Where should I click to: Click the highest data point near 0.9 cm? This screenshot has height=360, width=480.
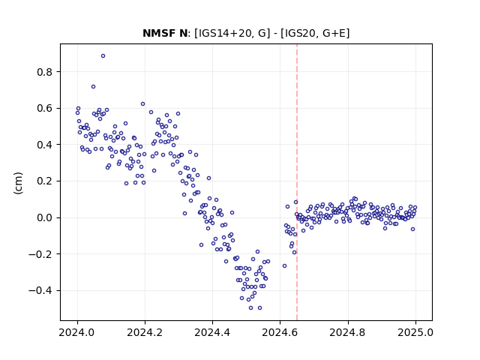pos(103,56)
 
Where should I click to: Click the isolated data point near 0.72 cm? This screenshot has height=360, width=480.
pos(93,87)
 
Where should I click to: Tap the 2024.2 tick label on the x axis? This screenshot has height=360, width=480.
pos(145,332)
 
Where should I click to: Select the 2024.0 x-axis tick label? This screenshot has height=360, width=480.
pos(77,332)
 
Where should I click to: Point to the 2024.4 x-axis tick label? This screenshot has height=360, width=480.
pos(212,332)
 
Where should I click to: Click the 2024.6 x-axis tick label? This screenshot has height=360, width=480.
pos(280,332)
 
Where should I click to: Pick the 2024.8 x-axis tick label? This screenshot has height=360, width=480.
pos(347,332)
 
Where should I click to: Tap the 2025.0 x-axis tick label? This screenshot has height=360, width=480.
pos(415,332)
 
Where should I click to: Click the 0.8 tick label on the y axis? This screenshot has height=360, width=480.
pos(45,72)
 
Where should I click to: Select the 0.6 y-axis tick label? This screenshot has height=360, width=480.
pos(45,109)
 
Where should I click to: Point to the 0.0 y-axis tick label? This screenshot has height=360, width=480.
pos(45,218)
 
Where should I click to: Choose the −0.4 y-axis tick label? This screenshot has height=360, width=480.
pos(40,290)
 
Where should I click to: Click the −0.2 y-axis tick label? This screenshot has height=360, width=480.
pos(40,254)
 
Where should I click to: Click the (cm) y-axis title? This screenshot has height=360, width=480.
pos(18,183)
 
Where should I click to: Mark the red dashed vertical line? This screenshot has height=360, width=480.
pos(297,182)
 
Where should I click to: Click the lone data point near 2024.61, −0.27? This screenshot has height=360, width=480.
pos(285,266)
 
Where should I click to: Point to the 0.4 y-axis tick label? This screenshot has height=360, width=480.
pos(45,145)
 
